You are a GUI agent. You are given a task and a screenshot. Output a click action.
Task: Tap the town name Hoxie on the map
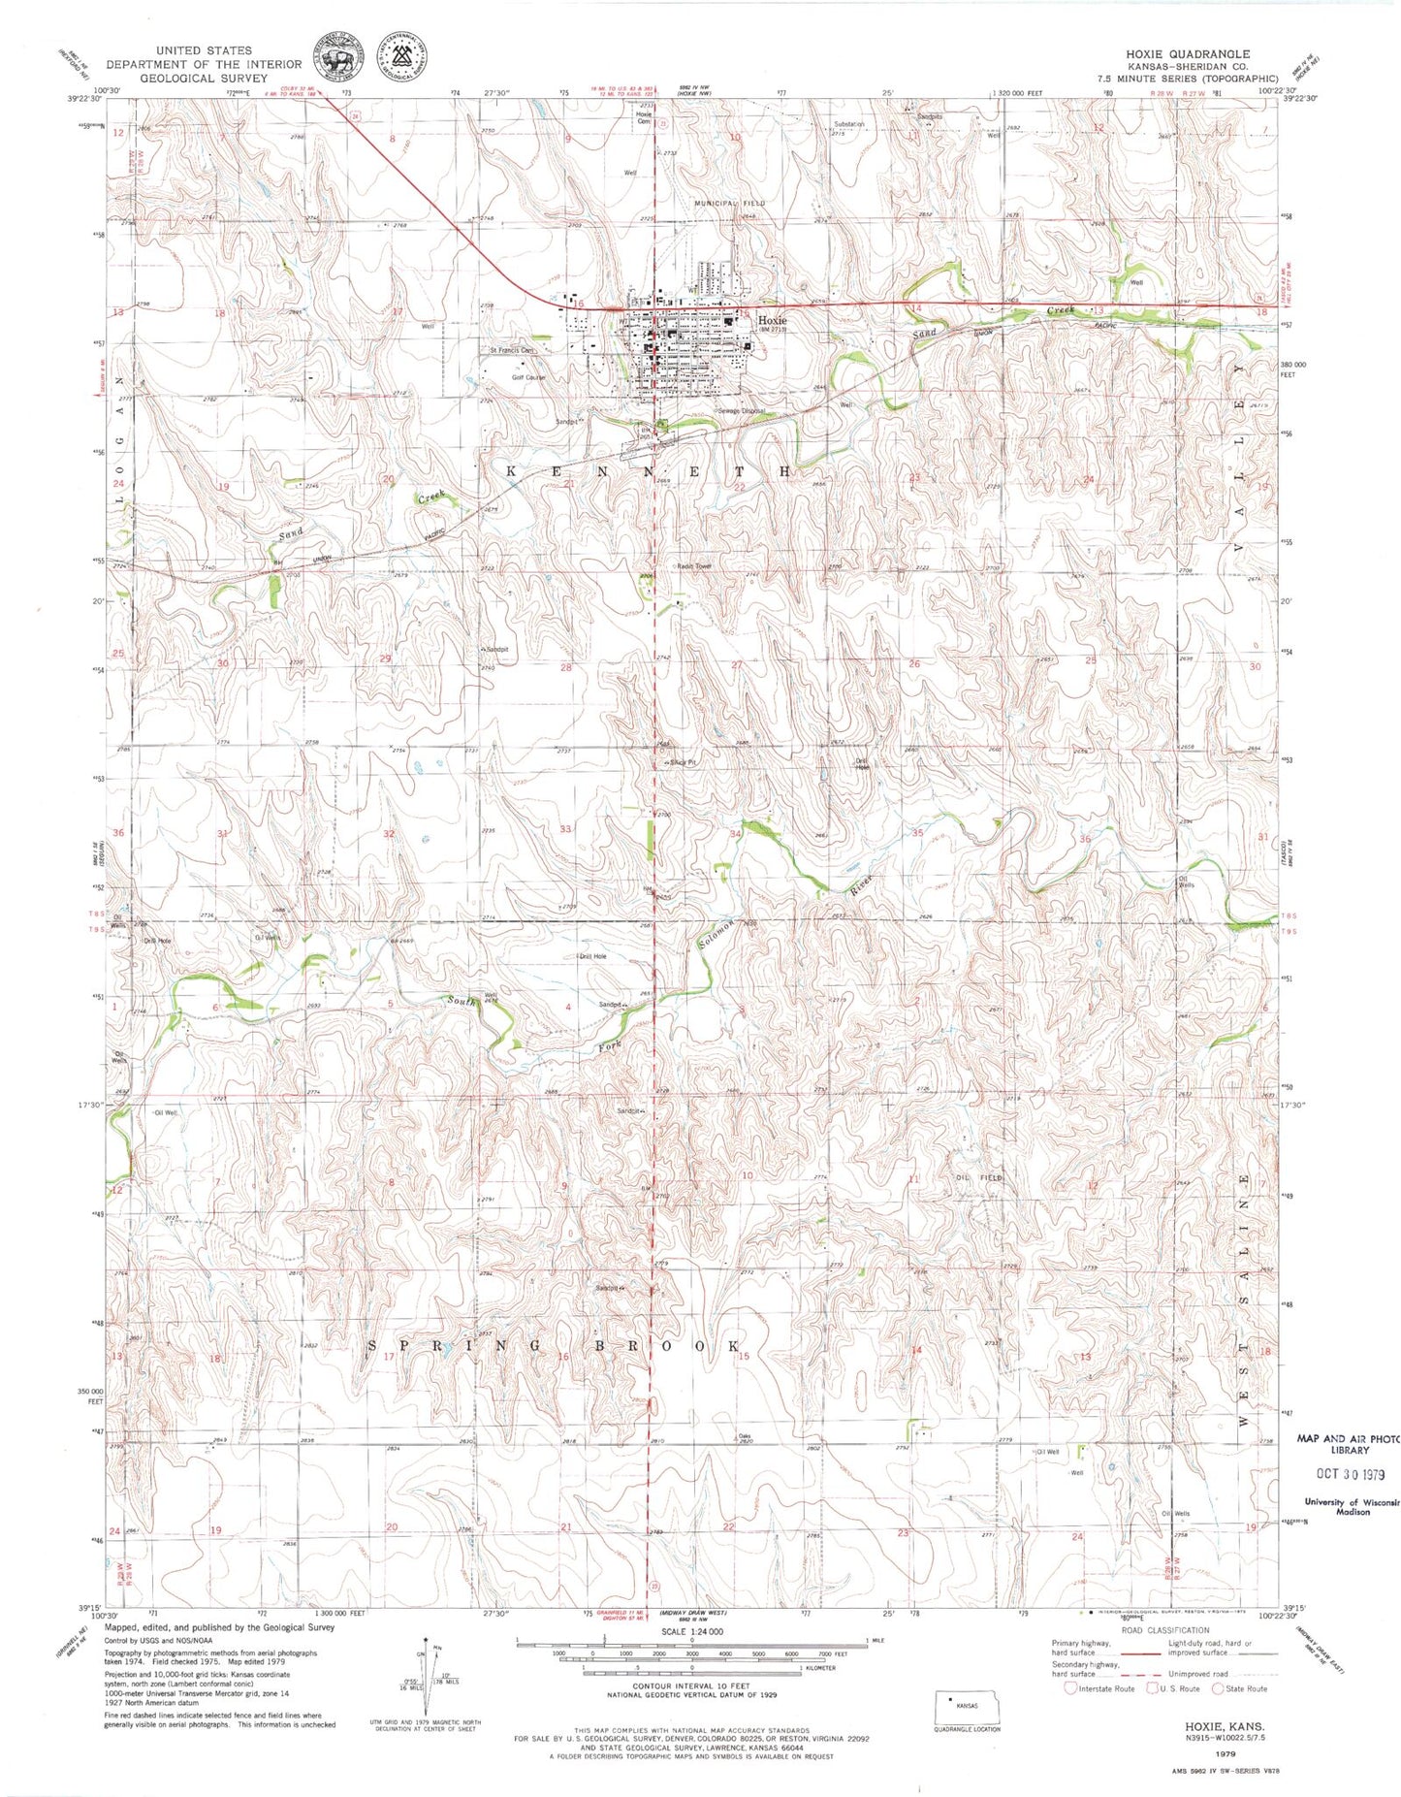tap(772, 319)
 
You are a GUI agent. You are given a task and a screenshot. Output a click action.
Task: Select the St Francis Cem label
tap(511, 350)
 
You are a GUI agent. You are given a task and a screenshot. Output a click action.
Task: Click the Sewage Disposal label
tap(742, 411)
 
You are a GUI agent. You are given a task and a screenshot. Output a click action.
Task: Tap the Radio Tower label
tap(694, 565)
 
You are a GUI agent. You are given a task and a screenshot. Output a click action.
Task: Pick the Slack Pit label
tap(683, 762)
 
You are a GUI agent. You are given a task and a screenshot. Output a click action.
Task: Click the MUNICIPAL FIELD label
tap(728, 203)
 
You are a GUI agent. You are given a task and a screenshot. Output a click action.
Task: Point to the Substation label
tap(849, 124)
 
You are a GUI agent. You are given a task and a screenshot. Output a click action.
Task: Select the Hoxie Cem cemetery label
tap(643, 116)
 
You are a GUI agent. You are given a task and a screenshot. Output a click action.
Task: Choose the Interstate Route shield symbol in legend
tap(1070, 1687)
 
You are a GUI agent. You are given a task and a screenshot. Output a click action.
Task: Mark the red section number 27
tap(737, 665)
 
